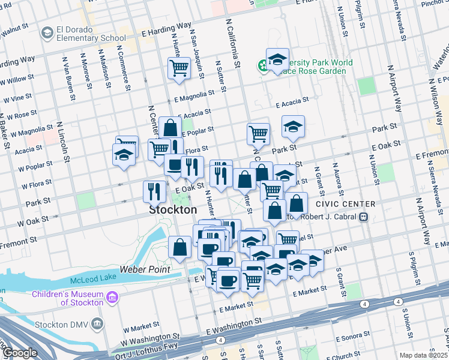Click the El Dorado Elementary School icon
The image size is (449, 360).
point(46,34)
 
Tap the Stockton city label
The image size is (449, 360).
point(173,211)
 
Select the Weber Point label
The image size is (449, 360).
point(145,270)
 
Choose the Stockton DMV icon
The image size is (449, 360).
point(98,325)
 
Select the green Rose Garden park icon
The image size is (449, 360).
point(263,65)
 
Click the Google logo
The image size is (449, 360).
point(20,353)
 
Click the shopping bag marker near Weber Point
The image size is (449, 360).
point(180,247)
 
